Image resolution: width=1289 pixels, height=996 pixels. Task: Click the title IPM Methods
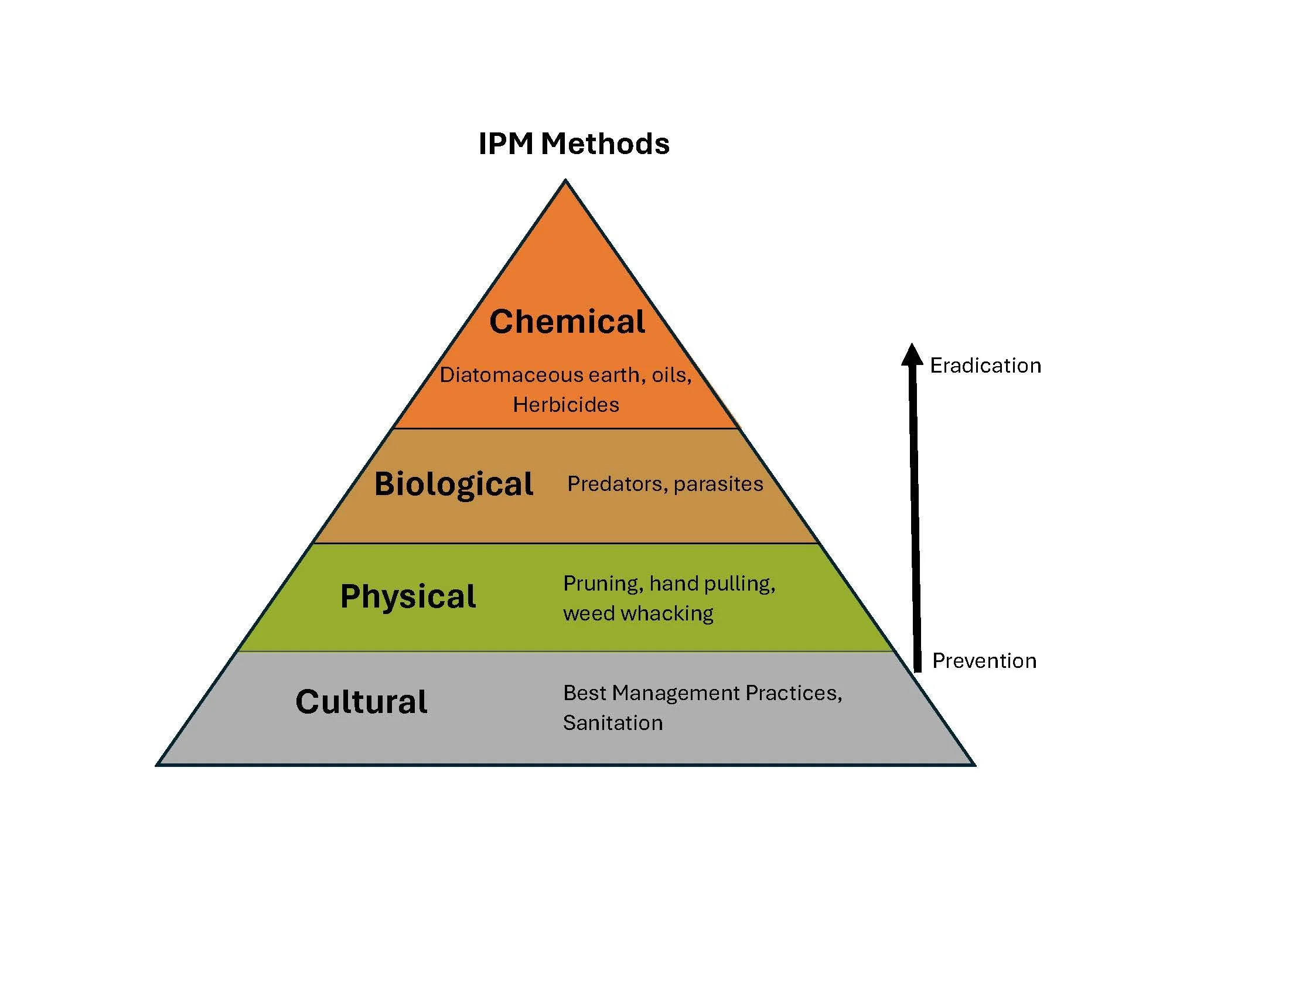coord(574,144)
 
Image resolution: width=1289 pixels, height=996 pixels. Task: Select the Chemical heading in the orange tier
coord(567,322)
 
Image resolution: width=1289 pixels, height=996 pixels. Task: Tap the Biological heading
coord(453,484)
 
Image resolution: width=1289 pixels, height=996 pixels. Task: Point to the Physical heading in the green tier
coord(408,596)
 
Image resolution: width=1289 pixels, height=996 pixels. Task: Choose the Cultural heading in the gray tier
coord(361,701)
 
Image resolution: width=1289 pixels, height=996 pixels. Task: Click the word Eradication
coord(985,366)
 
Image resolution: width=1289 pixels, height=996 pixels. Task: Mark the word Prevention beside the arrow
coord(984,661)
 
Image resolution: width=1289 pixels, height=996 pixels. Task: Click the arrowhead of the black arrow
coord(912,354)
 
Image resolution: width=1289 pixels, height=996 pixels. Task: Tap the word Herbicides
coord(566,405)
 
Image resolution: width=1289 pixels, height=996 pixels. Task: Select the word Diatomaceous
coord(502,375)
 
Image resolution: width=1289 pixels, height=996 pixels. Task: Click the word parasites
coord(718,484)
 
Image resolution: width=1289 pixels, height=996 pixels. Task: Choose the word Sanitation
coord(613,723)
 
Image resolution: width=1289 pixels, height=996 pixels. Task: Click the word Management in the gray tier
coord(675,693)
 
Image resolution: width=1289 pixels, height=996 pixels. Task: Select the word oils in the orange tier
coord(670,375)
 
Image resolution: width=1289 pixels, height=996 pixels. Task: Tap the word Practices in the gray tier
coord(793,693)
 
